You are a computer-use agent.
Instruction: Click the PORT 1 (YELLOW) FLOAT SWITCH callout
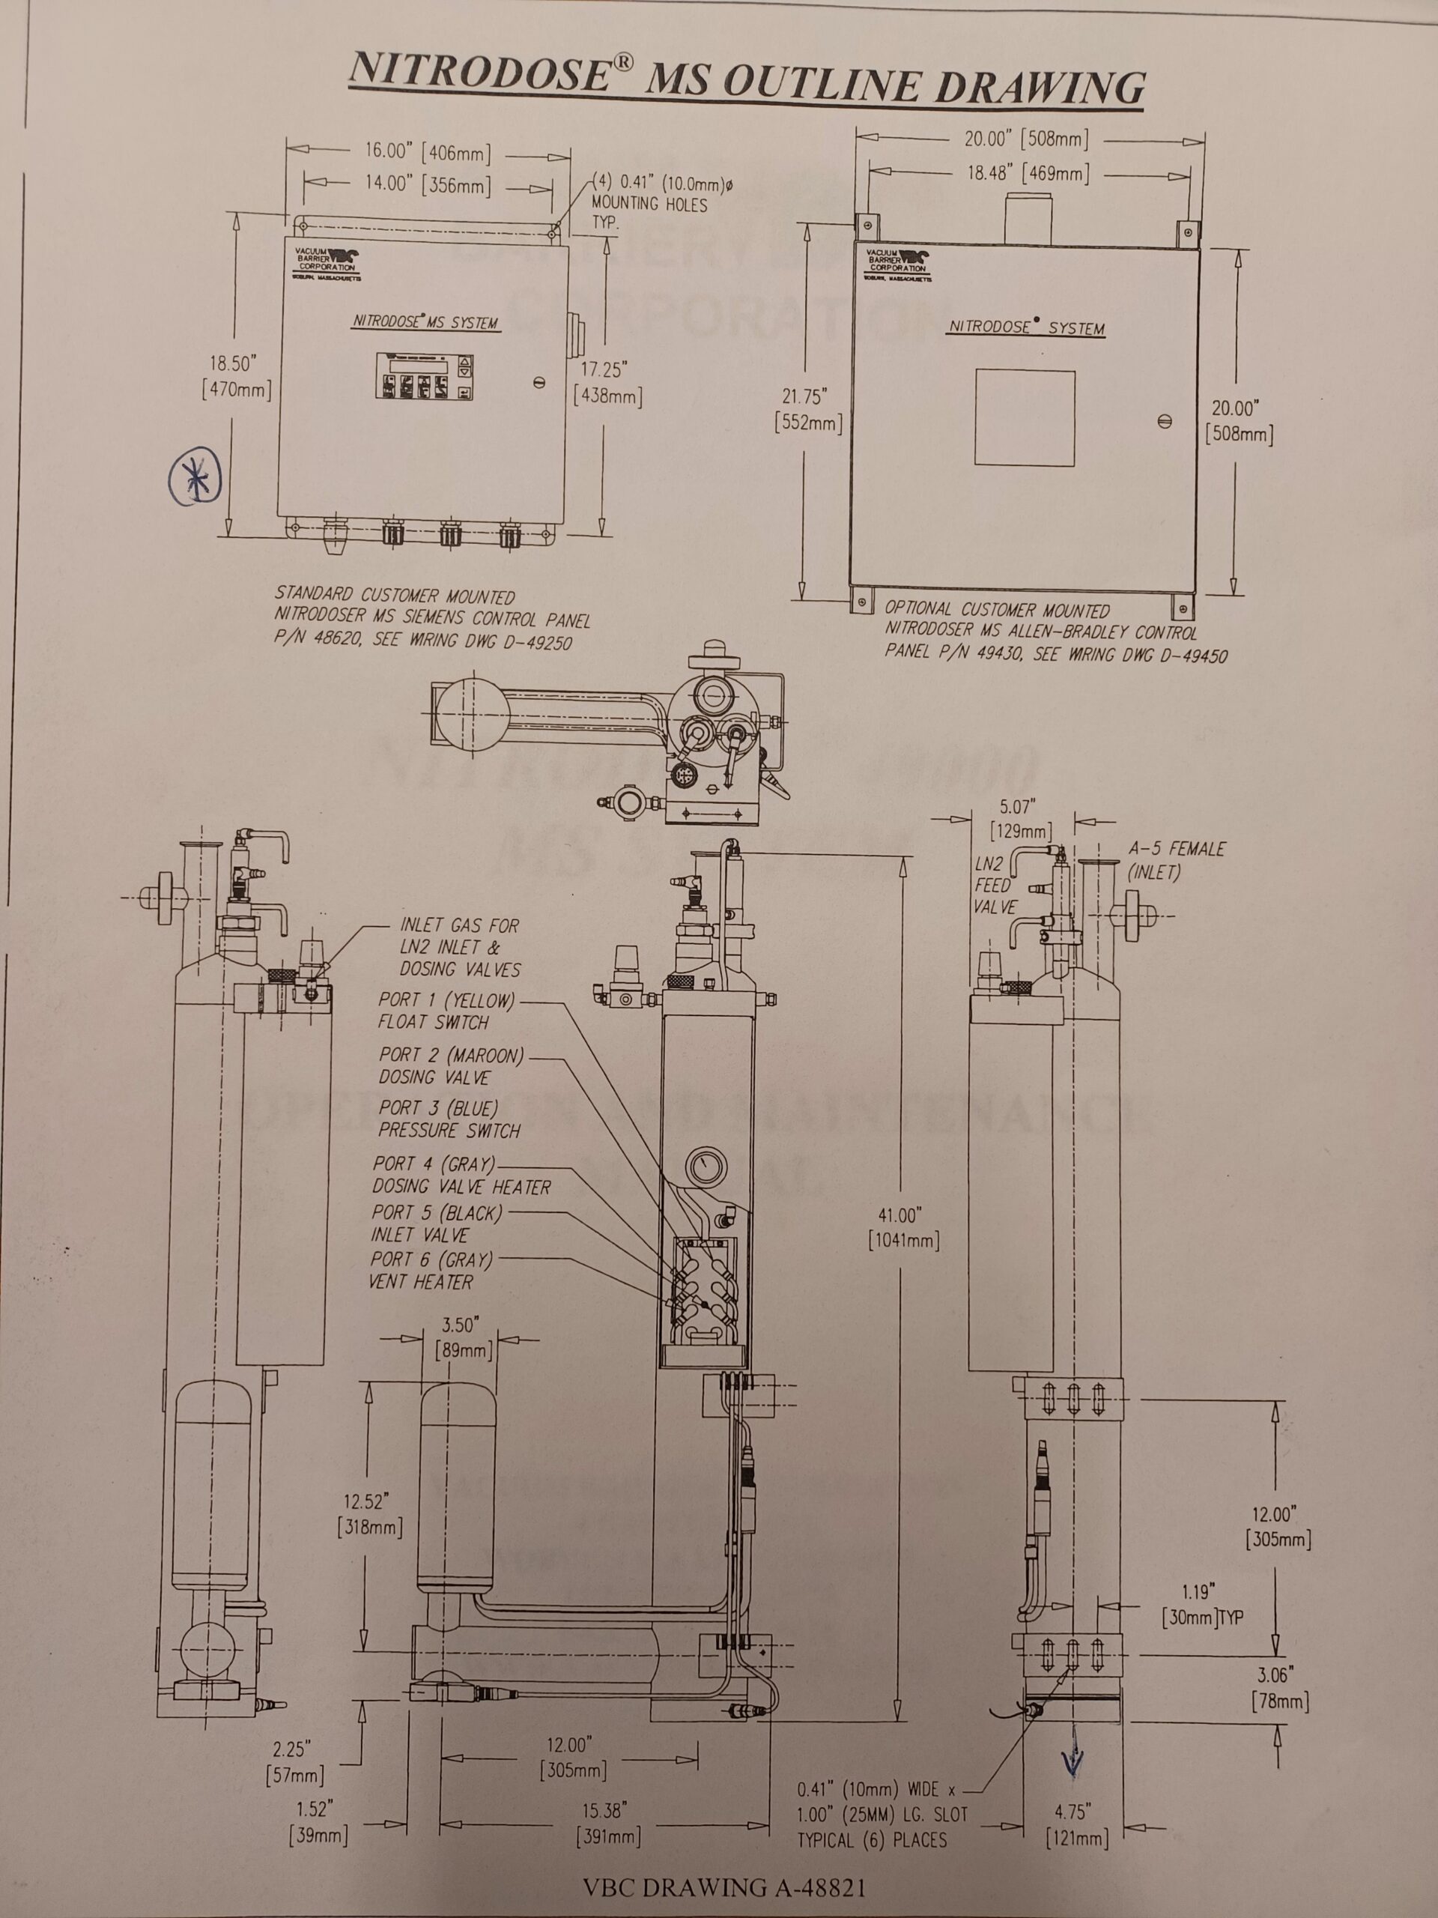446,1011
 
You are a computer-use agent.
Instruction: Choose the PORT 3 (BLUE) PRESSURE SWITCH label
449,1119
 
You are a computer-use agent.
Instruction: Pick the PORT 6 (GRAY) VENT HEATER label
431,1270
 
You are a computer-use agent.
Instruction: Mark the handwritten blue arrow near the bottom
1073,1752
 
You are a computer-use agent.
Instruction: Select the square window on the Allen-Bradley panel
1025,418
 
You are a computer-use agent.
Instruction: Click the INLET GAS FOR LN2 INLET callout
459,947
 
